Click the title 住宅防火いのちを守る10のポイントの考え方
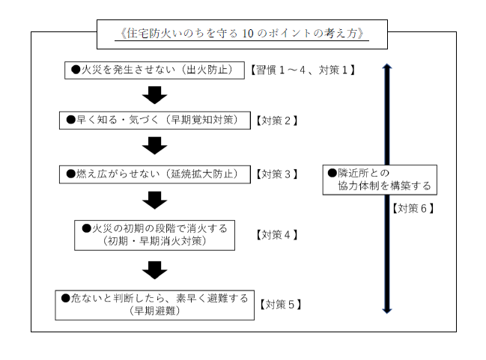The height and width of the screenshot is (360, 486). click(x=243, y=34)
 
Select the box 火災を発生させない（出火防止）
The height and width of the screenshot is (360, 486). click(x=154, y=70)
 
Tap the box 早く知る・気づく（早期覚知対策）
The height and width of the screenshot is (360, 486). click(x=154, y=120)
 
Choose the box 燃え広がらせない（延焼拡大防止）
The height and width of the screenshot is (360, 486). click(x=154, y=174)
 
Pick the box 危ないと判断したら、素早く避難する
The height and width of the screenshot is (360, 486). click(x=155, y=304)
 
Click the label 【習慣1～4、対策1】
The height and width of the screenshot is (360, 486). click(x=301, y=70)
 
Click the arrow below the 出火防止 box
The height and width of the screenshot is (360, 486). click(x=154, y=95)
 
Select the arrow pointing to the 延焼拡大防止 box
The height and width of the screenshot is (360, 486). click(x=154, y=145)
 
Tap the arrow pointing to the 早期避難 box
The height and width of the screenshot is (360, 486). click(x=154, y=269)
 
